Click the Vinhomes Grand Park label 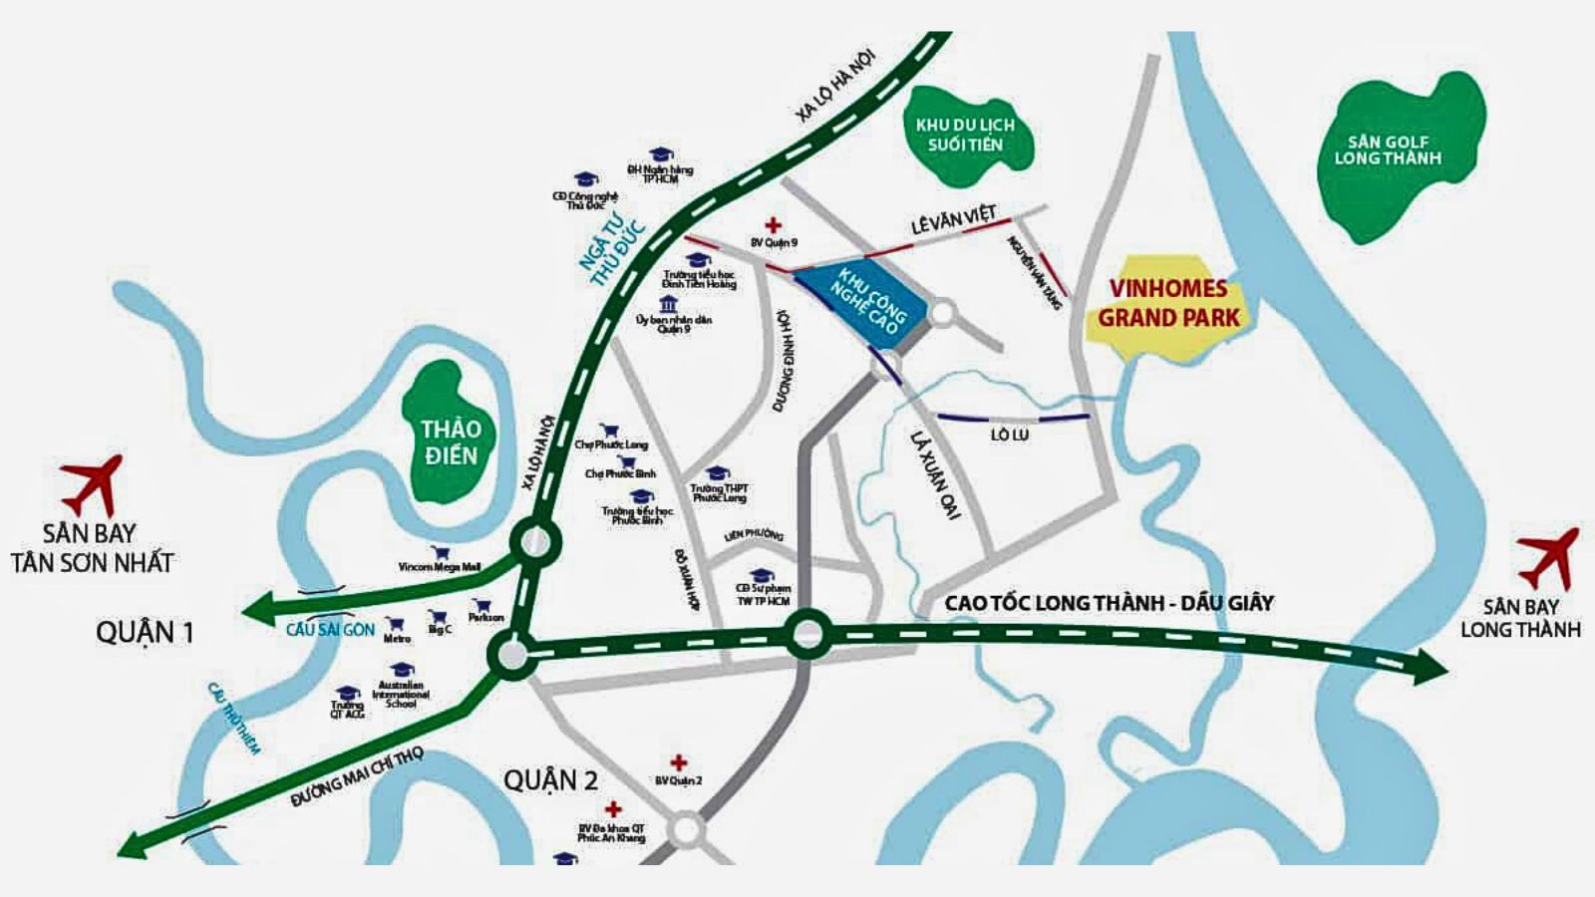click(1168, 304)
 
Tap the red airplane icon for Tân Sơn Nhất click(93, 484)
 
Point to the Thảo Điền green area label click(450, 443)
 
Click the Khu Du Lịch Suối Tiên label click(965, 135)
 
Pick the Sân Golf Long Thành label click(1388, 150)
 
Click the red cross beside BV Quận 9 click(773, 226)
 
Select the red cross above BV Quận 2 click(678, 762)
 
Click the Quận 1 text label click(145, 632)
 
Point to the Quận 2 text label click(550, 779)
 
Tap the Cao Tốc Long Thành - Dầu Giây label click(1109, 602)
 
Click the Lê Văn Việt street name click(953, 221)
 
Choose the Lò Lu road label click(1009, 436)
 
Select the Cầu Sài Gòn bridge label click(330, 629)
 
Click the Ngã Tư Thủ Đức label click(612, 251)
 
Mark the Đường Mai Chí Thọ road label click(357, 776)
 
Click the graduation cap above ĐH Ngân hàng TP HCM click(660, 154)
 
